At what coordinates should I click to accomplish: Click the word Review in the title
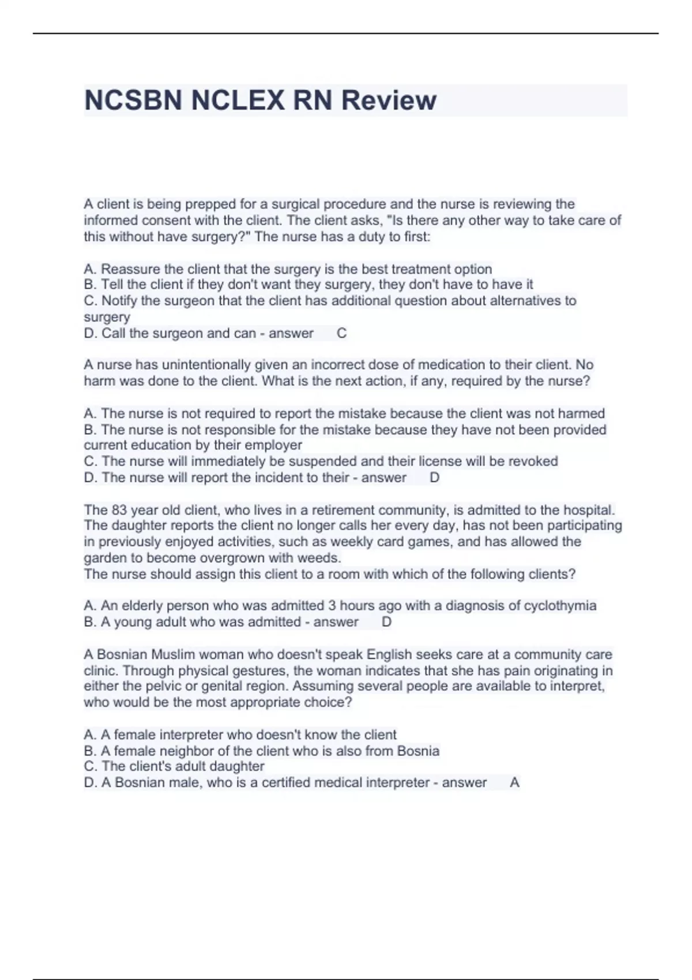(389, 100)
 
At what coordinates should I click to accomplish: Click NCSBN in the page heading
(134, 100)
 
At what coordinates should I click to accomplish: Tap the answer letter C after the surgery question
(341, 333)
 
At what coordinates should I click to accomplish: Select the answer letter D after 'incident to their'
(435, 477)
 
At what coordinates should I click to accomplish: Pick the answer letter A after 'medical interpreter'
(515, 782)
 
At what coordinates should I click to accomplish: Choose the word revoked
(533, 461)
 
